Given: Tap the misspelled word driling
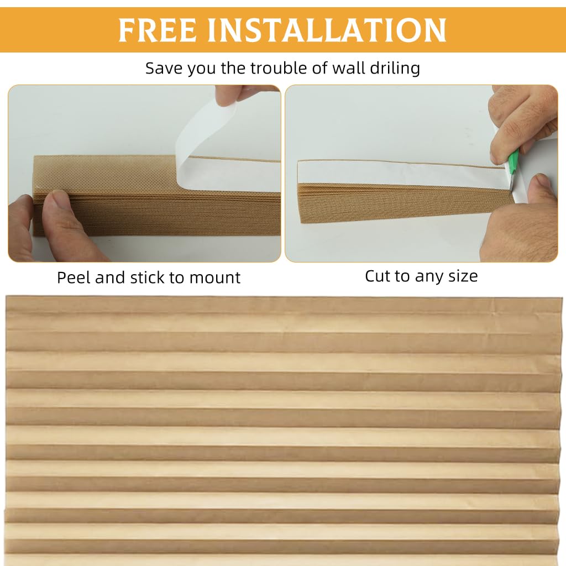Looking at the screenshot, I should (x=395, y=69).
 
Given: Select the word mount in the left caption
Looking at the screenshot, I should (x=217, y=277).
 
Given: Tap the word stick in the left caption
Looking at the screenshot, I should (x=149, y=277).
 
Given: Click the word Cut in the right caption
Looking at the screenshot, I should (x=378, y=275).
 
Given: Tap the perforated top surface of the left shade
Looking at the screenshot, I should (x=105, y=172).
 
